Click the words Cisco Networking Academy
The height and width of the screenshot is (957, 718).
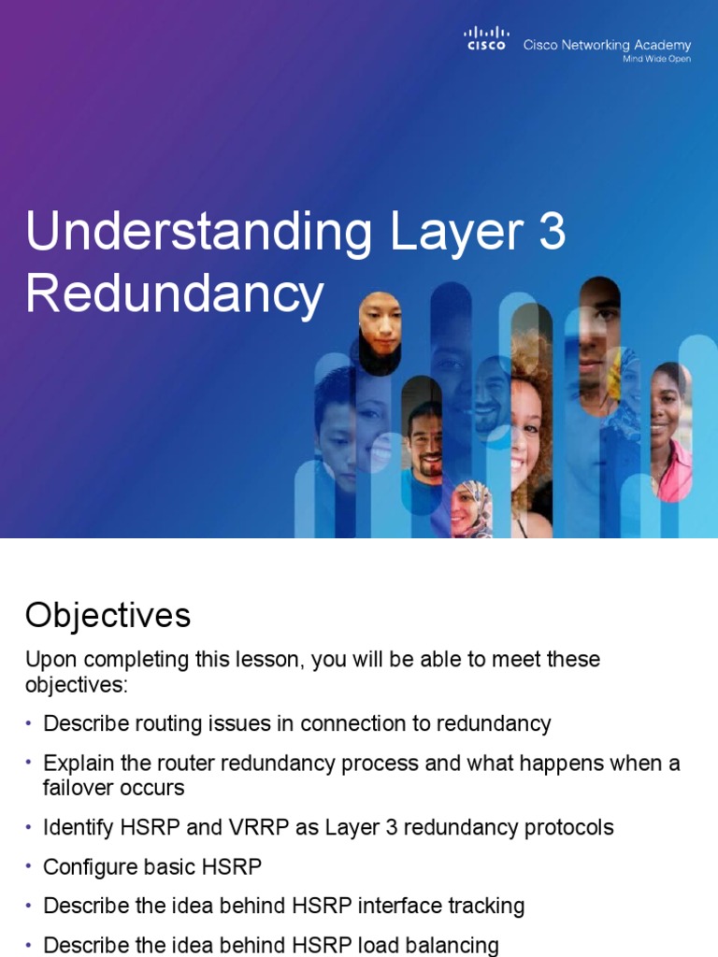[x=607, y=45]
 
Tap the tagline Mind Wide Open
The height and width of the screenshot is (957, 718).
[x=657, y=59]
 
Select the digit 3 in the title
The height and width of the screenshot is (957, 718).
[x=553, y=232]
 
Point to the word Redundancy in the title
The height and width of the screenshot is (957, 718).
[x=174, y=295]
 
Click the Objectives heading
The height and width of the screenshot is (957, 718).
[x=108, y=615]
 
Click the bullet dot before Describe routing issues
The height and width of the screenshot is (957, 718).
[x=29, y=723]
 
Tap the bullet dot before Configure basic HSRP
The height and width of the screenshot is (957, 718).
[x=29, y=867]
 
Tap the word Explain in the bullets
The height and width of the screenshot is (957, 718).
[x=75, y=763]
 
